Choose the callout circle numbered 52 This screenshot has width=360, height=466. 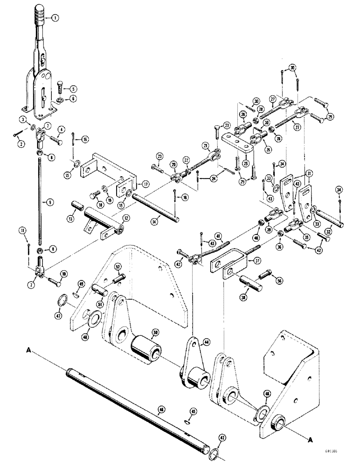pyautogui.click(x=118, y=267)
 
